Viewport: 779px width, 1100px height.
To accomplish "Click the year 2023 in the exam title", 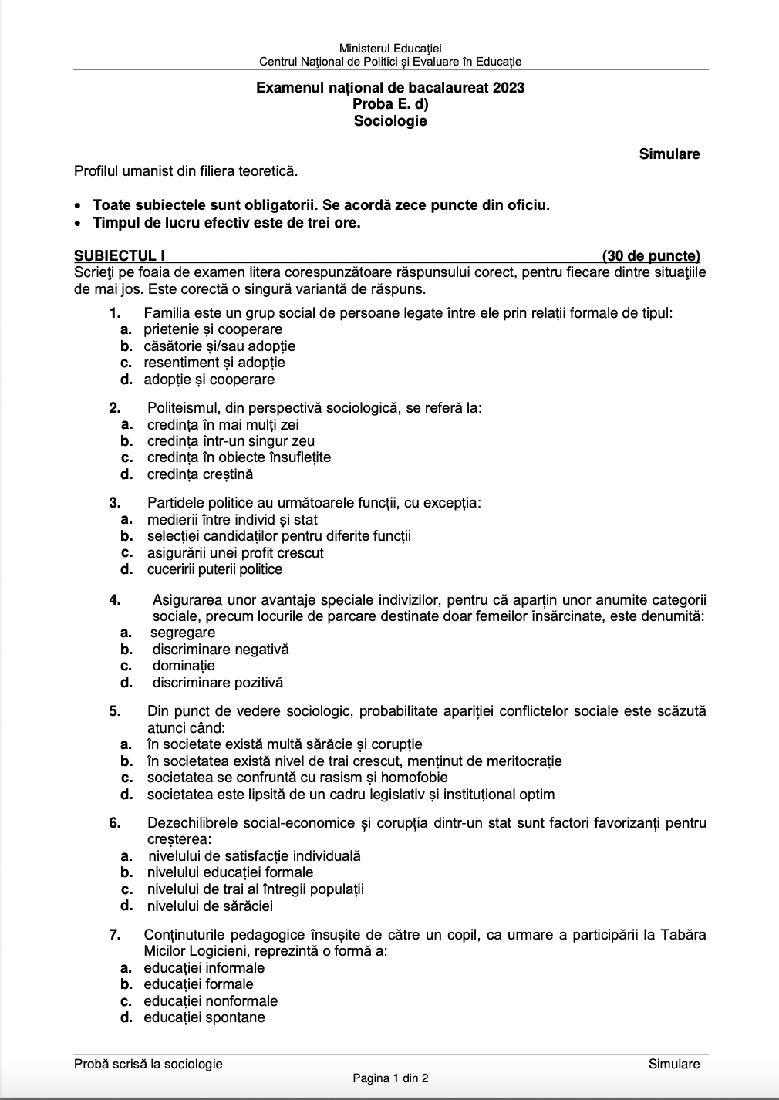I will point(506,87).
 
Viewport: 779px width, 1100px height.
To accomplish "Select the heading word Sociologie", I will point(390,120).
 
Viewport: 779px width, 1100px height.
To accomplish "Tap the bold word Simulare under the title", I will point(669,154).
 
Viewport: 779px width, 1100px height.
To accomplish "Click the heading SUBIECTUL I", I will point(120,255).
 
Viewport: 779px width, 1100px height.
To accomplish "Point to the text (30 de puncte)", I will point(651,255).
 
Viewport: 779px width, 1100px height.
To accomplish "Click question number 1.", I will point(115,312).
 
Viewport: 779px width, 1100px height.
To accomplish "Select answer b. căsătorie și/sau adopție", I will point(219,346).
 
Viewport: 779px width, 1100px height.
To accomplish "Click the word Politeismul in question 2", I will point(184,408).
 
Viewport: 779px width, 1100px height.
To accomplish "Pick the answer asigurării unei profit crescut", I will point(235,552).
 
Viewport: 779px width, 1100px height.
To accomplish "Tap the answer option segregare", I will point(183,633).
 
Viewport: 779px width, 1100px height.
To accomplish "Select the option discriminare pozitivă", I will point(218,683).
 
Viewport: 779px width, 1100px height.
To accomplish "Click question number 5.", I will point(115,711).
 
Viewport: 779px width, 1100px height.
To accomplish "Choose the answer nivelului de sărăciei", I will point(210,906).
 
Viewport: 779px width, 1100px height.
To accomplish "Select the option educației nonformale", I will point(211,1000).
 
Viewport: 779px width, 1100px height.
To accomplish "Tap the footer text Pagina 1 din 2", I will point(390,1078).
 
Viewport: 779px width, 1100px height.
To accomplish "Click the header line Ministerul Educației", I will point(390,49).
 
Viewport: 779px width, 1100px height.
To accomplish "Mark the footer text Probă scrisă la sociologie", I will point(148,1064).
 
